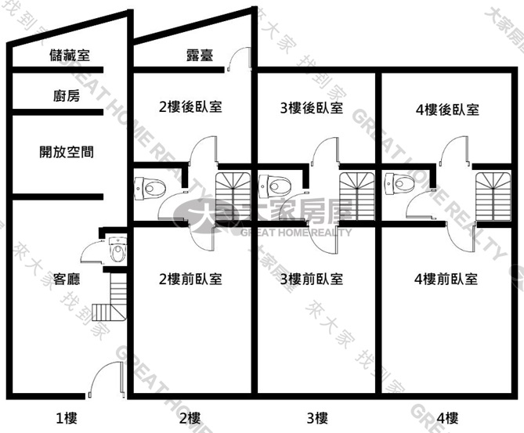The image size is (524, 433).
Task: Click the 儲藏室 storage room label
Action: click(x=70, y=55)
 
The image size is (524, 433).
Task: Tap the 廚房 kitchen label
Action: click(x=67, y=96)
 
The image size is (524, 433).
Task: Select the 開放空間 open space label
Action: click(x=67, y=152)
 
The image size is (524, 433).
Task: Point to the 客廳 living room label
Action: click(x=67, y=279)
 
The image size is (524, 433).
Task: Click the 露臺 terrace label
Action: click(x=200, y=55)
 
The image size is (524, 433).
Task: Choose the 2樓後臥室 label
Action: click(x=190, y=107)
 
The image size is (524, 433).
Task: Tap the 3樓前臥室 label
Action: click(x=312, y=279)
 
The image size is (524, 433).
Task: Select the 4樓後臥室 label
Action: click(x=447, y=110)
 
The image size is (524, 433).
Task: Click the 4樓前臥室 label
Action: click(x=446, y=279)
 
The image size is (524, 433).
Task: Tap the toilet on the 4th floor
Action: click(x=399, y=183)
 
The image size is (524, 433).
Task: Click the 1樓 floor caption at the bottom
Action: click(x=66, y=418)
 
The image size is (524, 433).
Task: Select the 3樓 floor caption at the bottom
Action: click(x=317, y=418)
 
